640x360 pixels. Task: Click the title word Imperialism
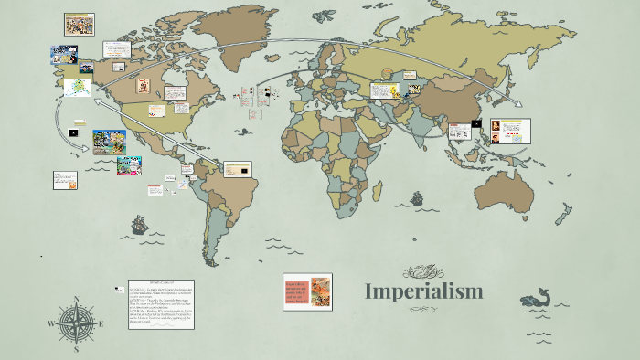tap(423, 292)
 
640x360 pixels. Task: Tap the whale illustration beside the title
tap(538, 297)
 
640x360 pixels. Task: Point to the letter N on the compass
tap(77, 300)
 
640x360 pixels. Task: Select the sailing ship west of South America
tap(140, 225)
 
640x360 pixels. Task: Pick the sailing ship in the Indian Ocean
tap(417, 197)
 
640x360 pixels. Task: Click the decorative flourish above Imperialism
tap(422, 270)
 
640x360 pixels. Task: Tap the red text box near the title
tap(307, 292)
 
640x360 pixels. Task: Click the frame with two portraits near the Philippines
tap(508, 132)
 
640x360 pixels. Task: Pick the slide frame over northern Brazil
tap(238, 169)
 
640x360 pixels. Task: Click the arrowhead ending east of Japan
tap(525, 108)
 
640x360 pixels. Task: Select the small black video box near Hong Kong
tap(475, 123)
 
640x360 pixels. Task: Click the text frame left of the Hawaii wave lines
tap(65, 179)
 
